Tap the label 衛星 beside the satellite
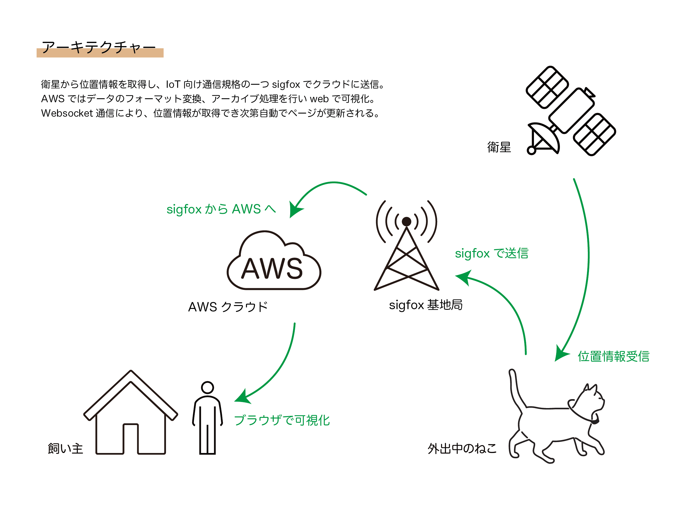499,147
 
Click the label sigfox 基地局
426,305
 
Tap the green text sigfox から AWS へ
221,209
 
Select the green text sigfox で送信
491,253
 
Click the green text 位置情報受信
613,356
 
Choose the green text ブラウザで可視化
282,420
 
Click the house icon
131,412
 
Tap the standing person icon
207,418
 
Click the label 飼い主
65,449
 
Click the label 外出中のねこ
462,449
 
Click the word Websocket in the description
67,113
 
